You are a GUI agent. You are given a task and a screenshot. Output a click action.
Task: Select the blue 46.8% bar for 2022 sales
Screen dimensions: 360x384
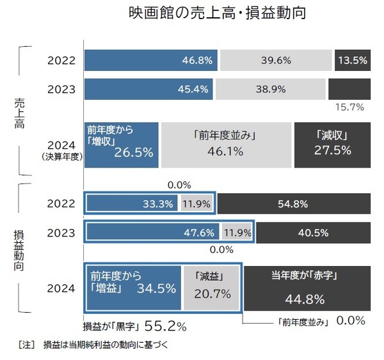[151, 61]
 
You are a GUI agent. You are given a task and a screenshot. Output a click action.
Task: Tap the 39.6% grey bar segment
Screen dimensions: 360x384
[276, 61]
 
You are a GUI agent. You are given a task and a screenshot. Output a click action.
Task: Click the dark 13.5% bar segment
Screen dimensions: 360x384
[351, 61]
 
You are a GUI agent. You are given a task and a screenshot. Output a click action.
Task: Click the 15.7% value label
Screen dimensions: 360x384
[351, 107]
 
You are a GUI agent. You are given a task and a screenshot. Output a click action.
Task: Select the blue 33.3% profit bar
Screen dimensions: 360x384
[132, 204]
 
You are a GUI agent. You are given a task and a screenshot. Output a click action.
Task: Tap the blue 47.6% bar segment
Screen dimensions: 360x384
[152, 233]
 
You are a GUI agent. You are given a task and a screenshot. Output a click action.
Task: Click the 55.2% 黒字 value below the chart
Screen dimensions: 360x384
[165, 326]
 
